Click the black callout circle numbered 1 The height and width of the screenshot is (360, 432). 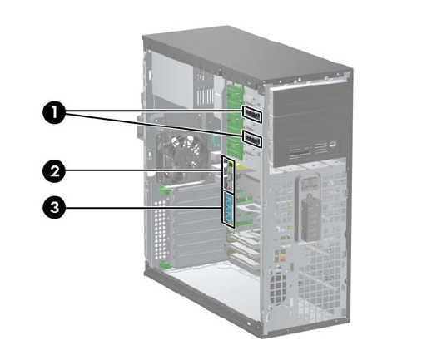pos(54,113)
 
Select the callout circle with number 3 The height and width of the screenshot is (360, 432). pos(54,207)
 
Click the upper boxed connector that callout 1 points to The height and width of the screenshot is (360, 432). pos(252,114)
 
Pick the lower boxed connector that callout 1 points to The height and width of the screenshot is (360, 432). pos(252,140)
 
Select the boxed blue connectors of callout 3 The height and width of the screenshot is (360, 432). pos(228,210)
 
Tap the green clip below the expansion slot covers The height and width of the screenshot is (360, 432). pos(166,264)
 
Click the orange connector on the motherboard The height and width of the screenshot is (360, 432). pos(281,259)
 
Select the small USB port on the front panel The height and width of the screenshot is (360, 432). pos(333,144)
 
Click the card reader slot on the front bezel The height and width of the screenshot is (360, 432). pos(300,152)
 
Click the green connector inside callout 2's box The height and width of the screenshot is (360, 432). pos(231,165)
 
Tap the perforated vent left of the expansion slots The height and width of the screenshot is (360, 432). pos(160,229)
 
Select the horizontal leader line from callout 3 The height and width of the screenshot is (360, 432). pos(144,207)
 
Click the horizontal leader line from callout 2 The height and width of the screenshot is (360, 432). pos(144,170)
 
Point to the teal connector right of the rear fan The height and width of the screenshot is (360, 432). pos(215,142)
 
